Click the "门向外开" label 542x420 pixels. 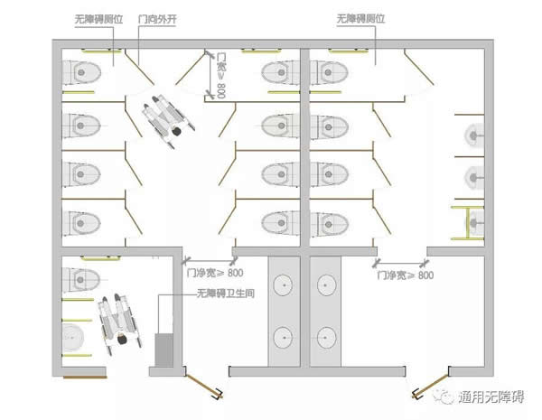[156, 18]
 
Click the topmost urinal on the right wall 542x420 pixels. [474, 135]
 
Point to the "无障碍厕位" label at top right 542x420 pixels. [358, 18]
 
